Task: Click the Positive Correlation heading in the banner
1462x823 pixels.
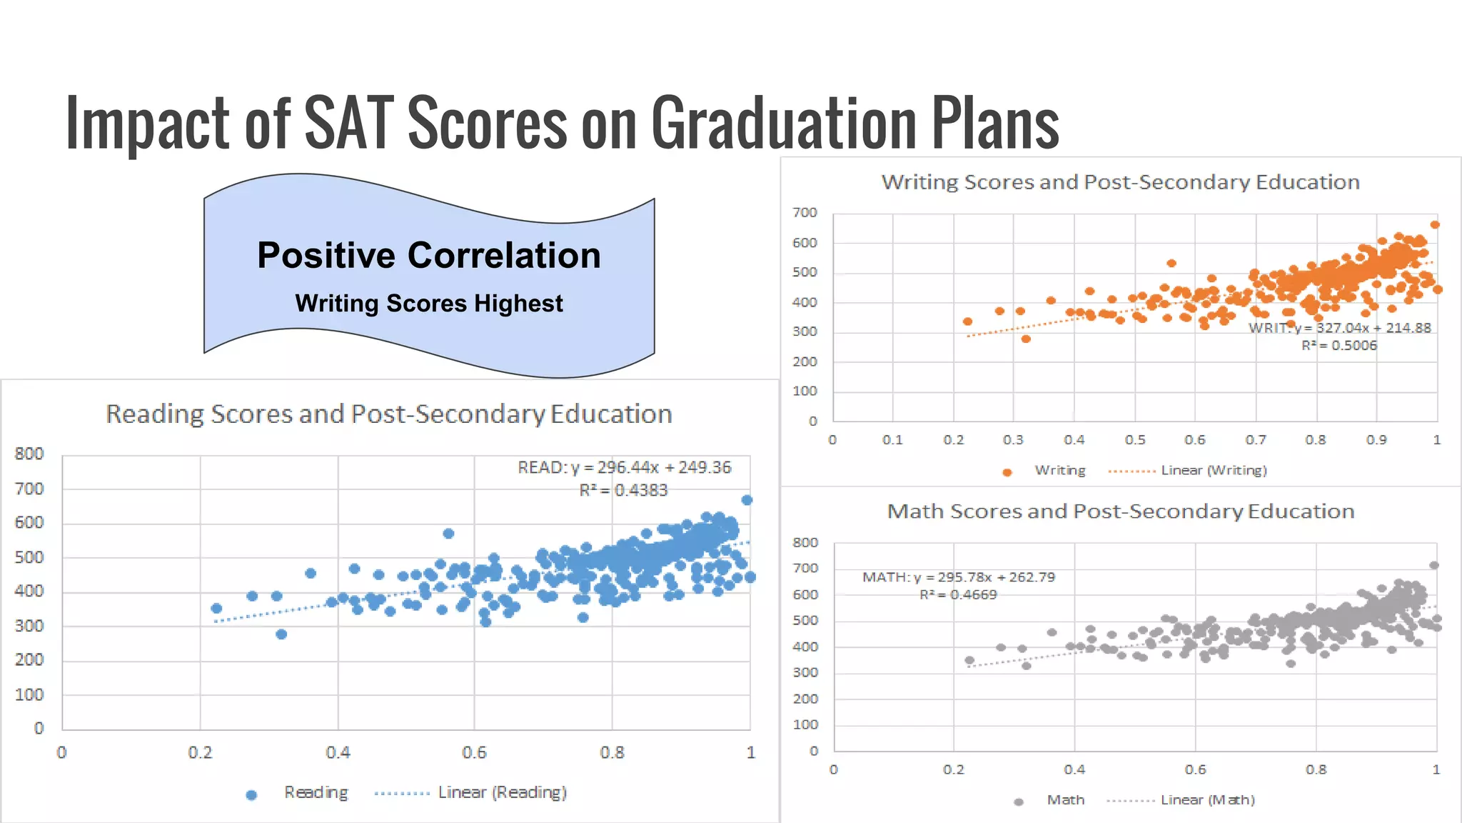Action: point(429,256)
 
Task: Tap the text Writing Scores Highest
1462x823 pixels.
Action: point(429,304)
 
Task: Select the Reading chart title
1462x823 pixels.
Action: point(389,414)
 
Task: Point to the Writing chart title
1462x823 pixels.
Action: point(1120,182)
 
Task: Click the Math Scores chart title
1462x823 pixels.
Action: point(1120,512)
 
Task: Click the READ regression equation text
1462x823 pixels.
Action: point(625,467)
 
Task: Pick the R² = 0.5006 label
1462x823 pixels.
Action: point(1339,346)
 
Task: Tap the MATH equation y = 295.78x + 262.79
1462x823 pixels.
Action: point(959,577)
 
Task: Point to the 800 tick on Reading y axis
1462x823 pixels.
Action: point(29,454)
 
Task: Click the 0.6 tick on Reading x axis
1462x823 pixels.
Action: point(474,753)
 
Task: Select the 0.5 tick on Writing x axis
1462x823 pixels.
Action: point(1134,440)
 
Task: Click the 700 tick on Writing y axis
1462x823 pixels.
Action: point(805,213)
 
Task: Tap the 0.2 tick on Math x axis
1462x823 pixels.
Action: point(954,770)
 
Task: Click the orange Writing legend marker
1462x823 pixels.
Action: point(1007,472)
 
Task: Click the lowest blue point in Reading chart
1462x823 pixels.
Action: point(281,634)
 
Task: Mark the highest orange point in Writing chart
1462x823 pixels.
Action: point(1435,224)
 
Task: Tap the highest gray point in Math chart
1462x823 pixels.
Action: point(1434,565)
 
